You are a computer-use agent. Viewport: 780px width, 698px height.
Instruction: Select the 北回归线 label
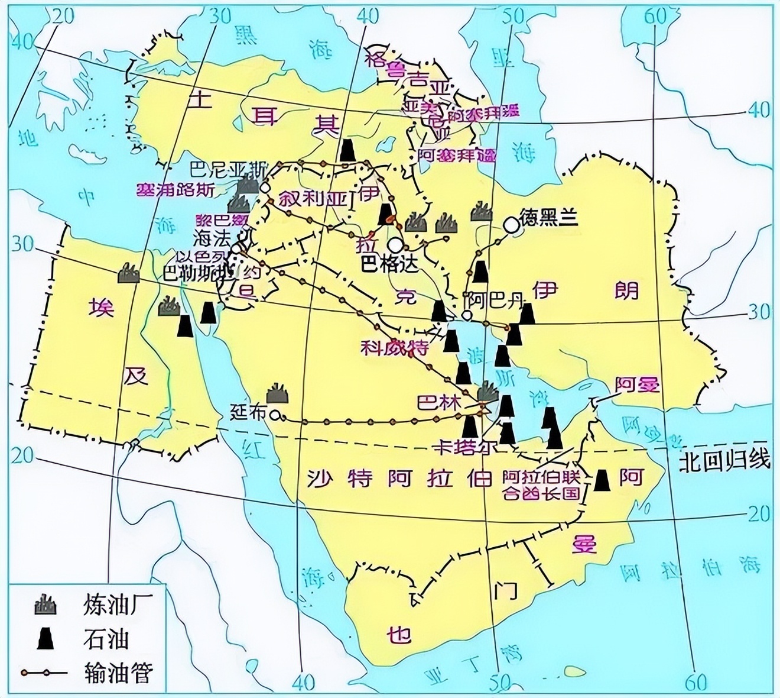click(x=724, y=461)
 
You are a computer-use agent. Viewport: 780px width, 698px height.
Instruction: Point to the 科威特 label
click(x=395, y=348)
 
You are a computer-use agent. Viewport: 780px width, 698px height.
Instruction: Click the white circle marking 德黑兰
click(x=510, y=225)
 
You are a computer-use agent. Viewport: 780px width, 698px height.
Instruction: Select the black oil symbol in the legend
click(x=45, y=638)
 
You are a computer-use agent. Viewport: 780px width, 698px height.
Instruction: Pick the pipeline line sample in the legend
click(x=45, y=672)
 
